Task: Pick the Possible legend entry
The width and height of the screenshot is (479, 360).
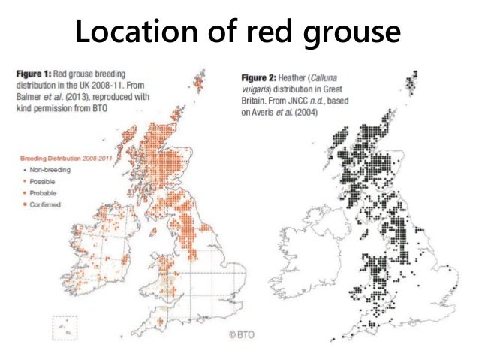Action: point(41,181)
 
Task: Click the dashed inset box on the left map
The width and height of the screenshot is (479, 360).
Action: point(65,328)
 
